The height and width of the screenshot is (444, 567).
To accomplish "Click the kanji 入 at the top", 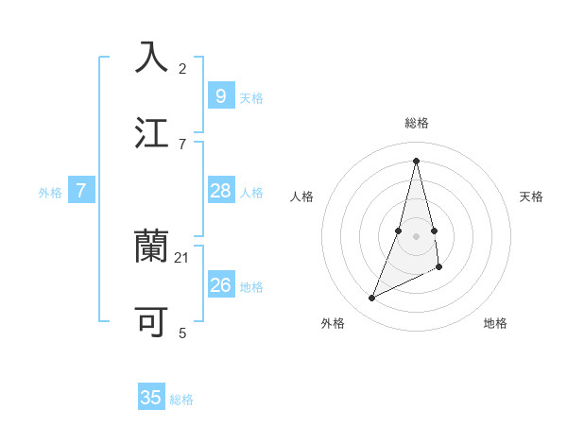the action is (x=152, y=57).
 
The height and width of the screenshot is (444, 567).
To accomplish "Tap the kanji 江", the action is (x=152, y=131).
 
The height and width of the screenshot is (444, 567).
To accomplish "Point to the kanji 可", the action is (x=152, y=322).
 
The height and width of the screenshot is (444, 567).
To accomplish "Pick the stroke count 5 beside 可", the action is (x=182, y=333).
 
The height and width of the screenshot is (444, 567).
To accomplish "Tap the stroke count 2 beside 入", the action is (x=182, y=68).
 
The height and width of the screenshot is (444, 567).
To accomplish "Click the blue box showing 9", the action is (x=220, y=95).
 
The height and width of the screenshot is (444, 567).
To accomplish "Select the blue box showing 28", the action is (x=220, y=191).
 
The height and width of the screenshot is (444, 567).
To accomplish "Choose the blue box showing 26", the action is (x=220, y=284).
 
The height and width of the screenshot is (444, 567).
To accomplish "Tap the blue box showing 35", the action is (x=151, y=398).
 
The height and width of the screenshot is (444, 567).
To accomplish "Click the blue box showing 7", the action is (x=81, y=191).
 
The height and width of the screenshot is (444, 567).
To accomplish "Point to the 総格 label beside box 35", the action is (x=181, y=400).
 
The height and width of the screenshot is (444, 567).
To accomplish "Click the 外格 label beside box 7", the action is (x=50, y=193).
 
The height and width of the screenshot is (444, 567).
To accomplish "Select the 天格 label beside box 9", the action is (x=250, y=97).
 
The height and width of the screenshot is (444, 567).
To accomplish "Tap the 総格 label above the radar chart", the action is (x=416, y=123).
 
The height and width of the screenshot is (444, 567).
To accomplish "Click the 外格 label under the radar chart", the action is (x=333, y=323).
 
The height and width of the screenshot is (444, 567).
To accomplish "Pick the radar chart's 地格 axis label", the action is (x=495, y=323).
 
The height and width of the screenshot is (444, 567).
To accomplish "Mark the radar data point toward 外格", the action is (x=372, y=299).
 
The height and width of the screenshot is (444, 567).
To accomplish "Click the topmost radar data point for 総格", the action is (x=416, y=161).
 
